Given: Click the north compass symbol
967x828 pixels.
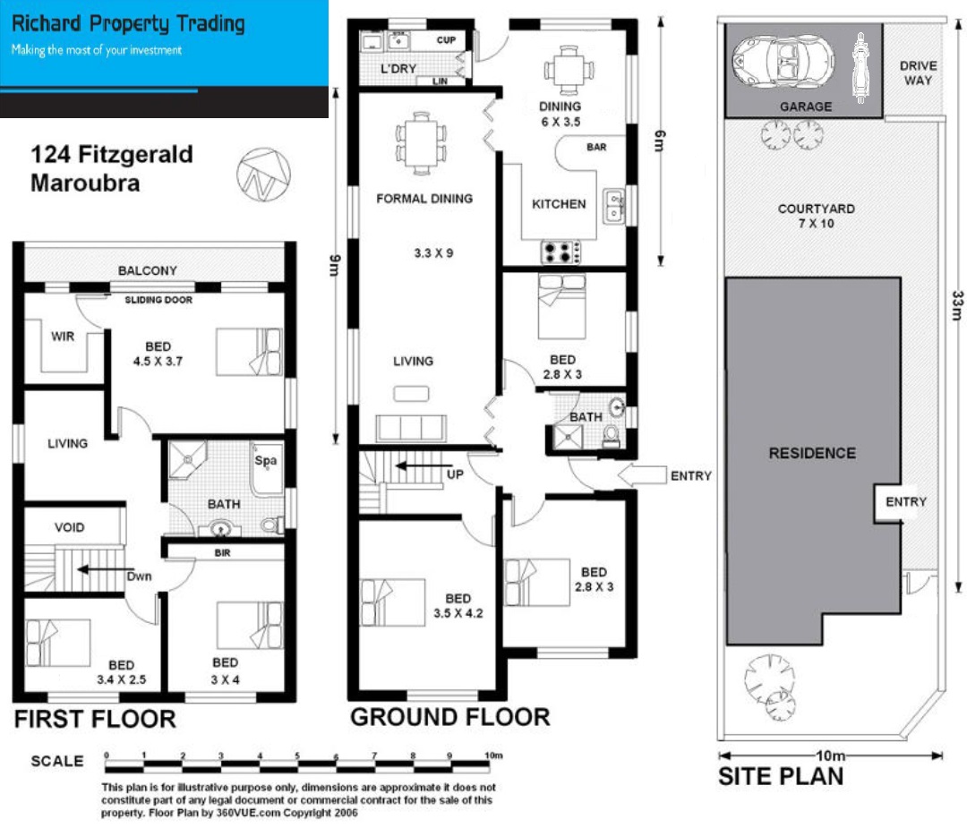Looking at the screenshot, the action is tap(263, 175).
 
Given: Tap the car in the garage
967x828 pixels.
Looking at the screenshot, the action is tap(783, 62).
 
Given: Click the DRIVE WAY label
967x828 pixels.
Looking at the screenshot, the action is tap(918, 73).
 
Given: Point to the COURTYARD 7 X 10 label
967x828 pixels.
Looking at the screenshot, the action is tap(816, 216).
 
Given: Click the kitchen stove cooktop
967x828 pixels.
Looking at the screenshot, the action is tap(560, 252).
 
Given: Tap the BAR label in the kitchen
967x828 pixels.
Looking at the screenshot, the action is tap(596, 147).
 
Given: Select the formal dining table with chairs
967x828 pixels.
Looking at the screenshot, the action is tap(421, 143).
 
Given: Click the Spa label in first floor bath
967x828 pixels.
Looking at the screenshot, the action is tap(266, 461).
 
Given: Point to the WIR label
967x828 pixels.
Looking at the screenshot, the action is tap(63, 336).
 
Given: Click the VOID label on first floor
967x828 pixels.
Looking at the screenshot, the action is tap(69, 527).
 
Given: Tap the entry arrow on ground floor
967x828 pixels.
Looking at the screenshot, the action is tap(642, 474).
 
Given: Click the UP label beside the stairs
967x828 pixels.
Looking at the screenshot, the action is tap(455, 474).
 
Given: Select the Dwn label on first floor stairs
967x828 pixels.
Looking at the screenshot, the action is tap(139, 576).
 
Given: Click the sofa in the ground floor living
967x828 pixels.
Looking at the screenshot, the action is tap(411, 427).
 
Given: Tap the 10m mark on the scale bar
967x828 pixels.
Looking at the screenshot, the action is tap(493, 755).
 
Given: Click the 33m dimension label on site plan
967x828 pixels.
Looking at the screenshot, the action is tap(957, 305).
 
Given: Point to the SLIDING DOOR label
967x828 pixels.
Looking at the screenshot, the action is tap(158, 300).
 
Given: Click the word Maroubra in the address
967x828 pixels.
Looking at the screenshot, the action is tap(85, 184).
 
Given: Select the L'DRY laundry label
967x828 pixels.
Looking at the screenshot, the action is tap(398, 68).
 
